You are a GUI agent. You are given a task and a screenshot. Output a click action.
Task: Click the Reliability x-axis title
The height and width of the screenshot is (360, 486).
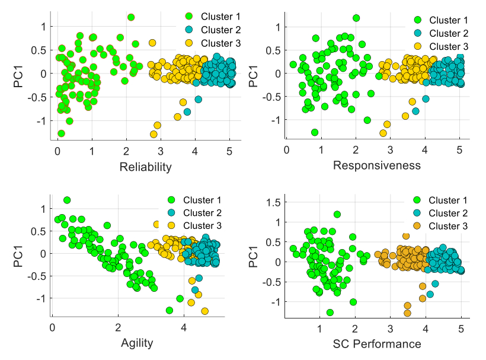(x=145, y=167)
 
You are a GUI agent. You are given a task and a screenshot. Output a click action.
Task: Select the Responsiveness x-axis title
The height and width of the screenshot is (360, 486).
(x=377, y=165)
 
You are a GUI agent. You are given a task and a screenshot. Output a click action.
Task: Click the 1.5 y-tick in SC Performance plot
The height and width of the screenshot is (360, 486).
(x=272, y=203)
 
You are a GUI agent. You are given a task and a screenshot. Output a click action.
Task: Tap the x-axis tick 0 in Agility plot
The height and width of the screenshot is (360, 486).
(x=53, y=327)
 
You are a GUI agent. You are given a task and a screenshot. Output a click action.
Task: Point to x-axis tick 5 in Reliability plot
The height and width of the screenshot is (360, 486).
(x=230, y=152)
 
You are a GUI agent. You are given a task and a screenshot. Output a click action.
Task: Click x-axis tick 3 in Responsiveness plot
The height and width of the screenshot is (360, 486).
(x=390, y=151)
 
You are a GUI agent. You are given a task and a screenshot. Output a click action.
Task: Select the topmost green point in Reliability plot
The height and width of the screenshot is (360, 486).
(x=131, y=17)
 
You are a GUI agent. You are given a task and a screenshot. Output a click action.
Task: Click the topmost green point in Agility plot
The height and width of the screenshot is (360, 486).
(x=67, y=200)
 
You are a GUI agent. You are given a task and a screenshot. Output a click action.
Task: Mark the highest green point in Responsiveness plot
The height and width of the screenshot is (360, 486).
(x=356, y=18)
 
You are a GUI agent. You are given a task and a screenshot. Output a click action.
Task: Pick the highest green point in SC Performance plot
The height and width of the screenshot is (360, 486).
(x=337, y=214)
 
